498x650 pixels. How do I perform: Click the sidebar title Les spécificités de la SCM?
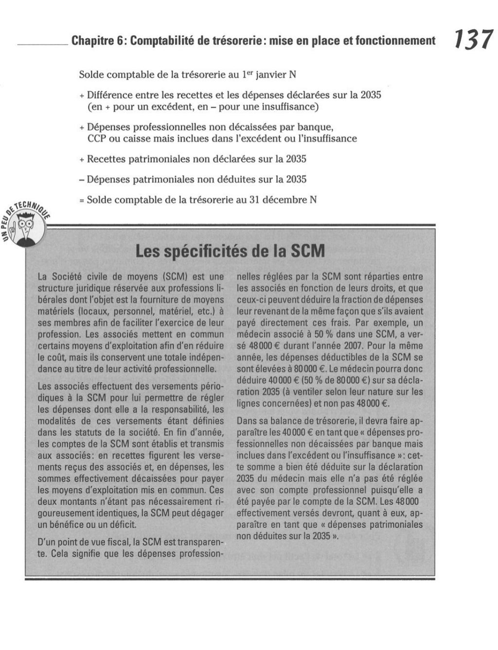[x=230, y=251]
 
